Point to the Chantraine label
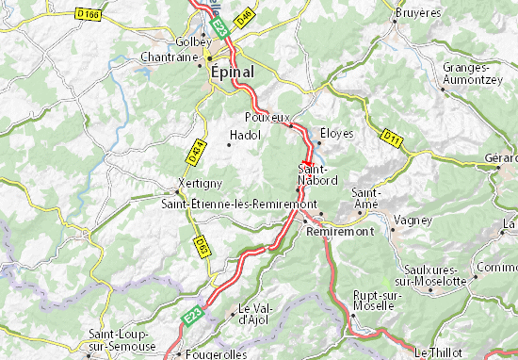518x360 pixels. (x=168, y=57)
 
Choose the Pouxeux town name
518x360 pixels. (x=264, y=117)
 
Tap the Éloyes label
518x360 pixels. (x=336, y=133)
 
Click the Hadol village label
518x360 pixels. (x=244, y=136)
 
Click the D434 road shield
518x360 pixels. (x=196, y=148)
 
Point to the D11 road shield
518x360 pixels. (x=392, y=139)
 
